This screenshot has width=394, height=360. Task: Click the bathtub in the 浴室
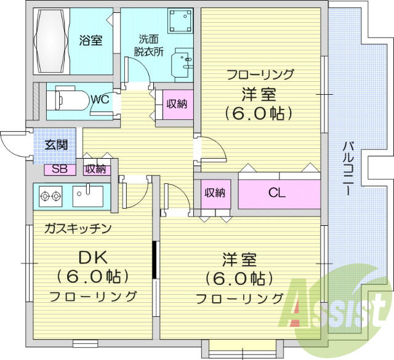(x=50, y=41)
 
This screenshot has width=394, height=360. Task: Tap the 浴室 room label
(x=90, y=41)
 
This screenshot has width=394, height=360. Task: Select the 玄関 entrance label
(x=55, y=146)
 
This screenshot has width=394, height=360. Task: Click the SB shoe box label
(x=60, y=169)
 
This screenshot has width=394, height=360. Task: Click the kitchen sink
(x=90, y=196)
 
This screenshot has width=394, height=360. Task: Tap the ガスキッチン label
(x=78, y=228)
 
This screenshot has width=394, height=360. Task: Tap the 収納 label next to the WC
(x=176, y=104)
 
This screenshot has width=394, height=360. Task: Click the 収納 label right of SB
(x=95, y=169)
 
